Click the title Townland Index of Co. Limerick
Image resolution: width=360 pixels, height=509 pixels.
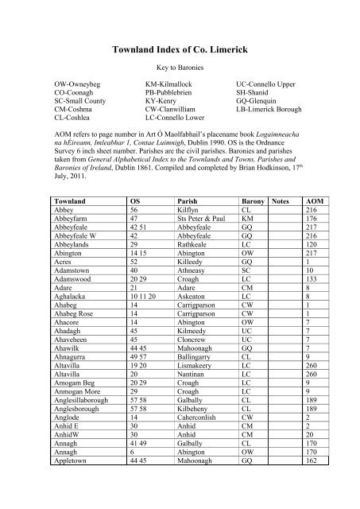tap(180, 49)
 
